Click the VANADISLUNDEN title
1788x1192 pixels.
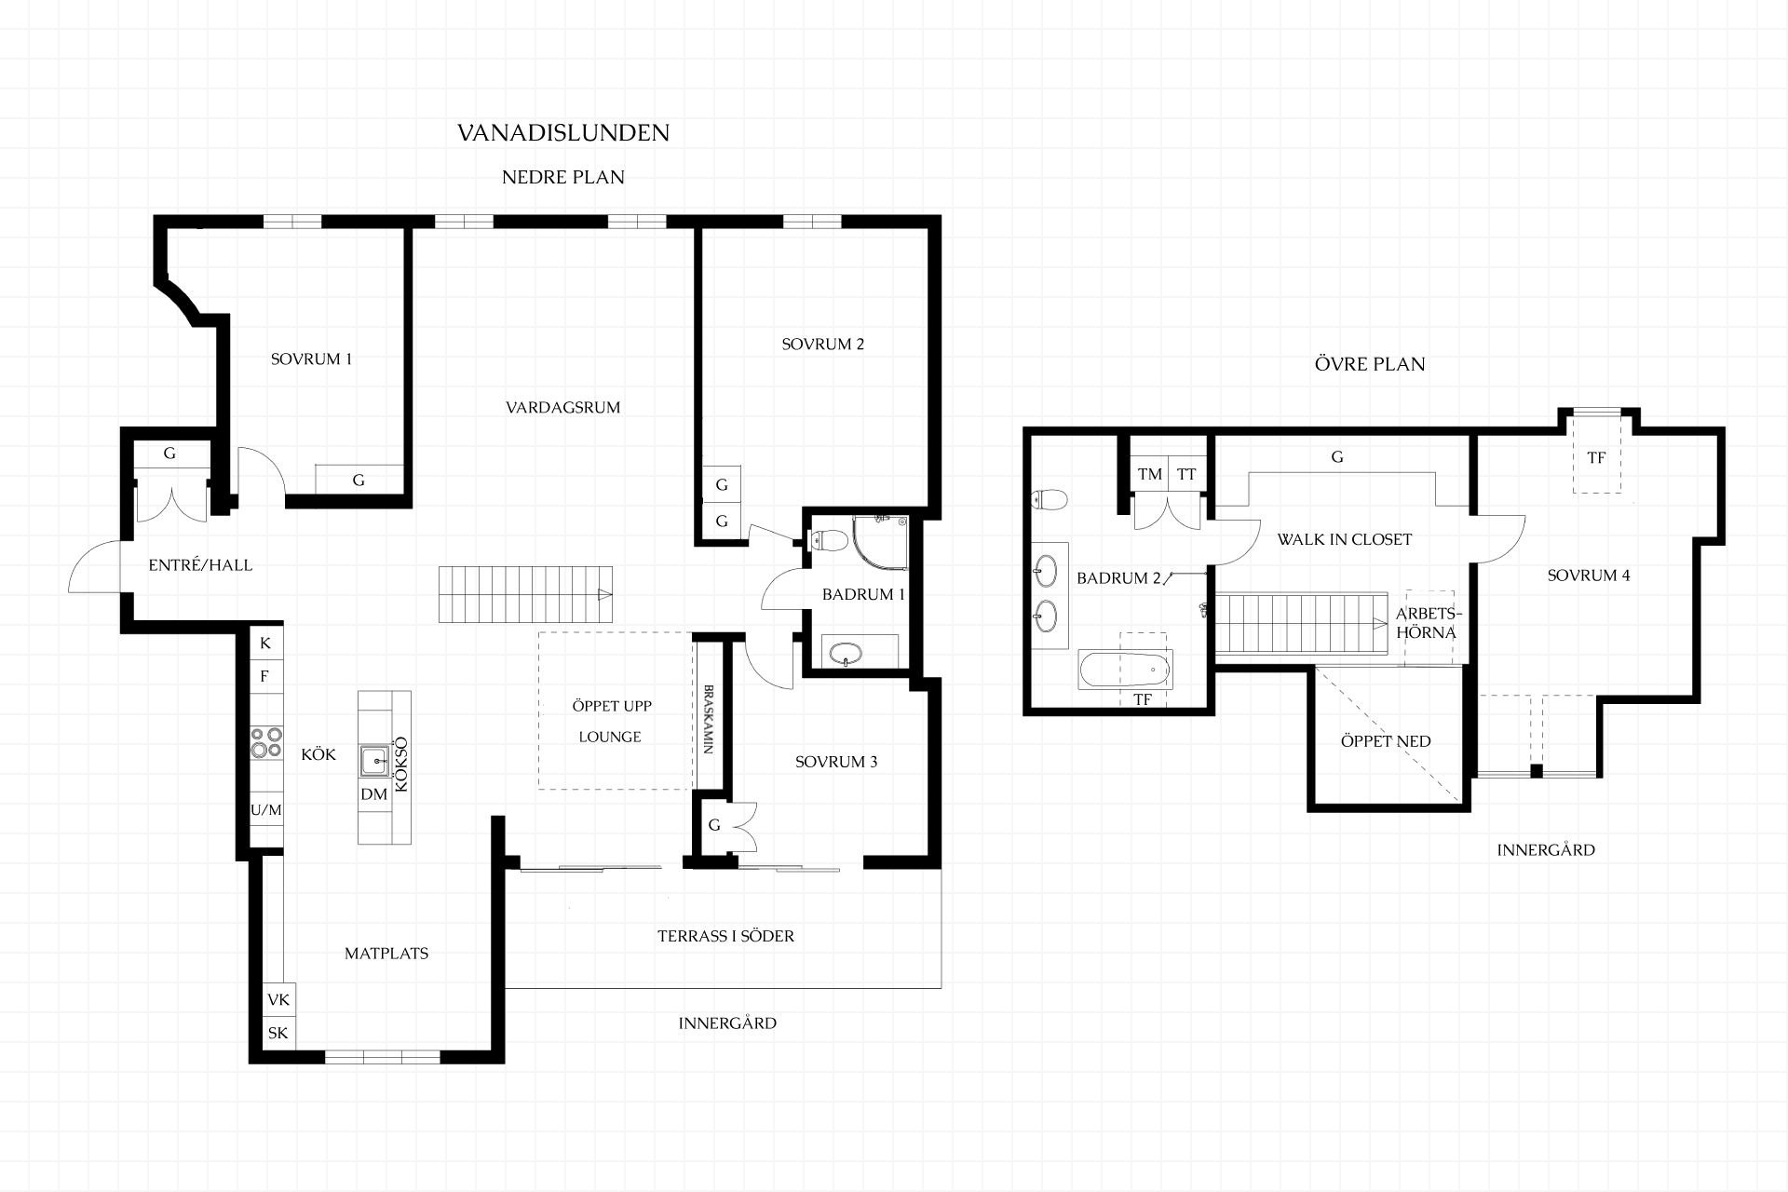pos(563,133)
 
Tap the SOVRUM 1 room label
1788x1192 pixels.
pos(311,359)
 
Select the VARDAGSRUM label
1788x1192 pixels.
pos(562,407)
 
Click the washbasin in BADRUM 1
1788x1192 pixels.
pos(846,654)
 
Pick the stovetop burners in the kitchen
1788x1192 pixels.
pos(266,742)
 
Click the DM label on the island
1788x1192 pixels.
pos(373,794)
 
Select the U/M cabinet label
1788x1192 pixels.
pos(266,810)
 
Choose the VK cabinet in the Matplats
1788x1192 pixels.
pos(278,1000)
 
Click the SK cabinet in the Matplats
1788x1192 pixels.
pos(278,1033)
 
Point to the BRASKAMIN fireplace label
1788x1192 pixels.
pos(709,720)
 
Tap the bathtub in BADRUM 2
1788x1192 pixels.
pos(1125,669)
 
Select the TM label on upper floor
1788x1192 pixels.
pos(1150,474)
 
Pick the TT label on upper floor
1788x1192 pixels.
pos(1186,474)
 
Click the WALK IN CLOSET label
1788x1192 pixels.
pos(1345,539)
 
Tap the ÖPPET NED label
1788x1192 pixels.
pos(1386,741)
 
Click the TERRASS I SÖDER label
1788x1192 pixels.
pos(726,936)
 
